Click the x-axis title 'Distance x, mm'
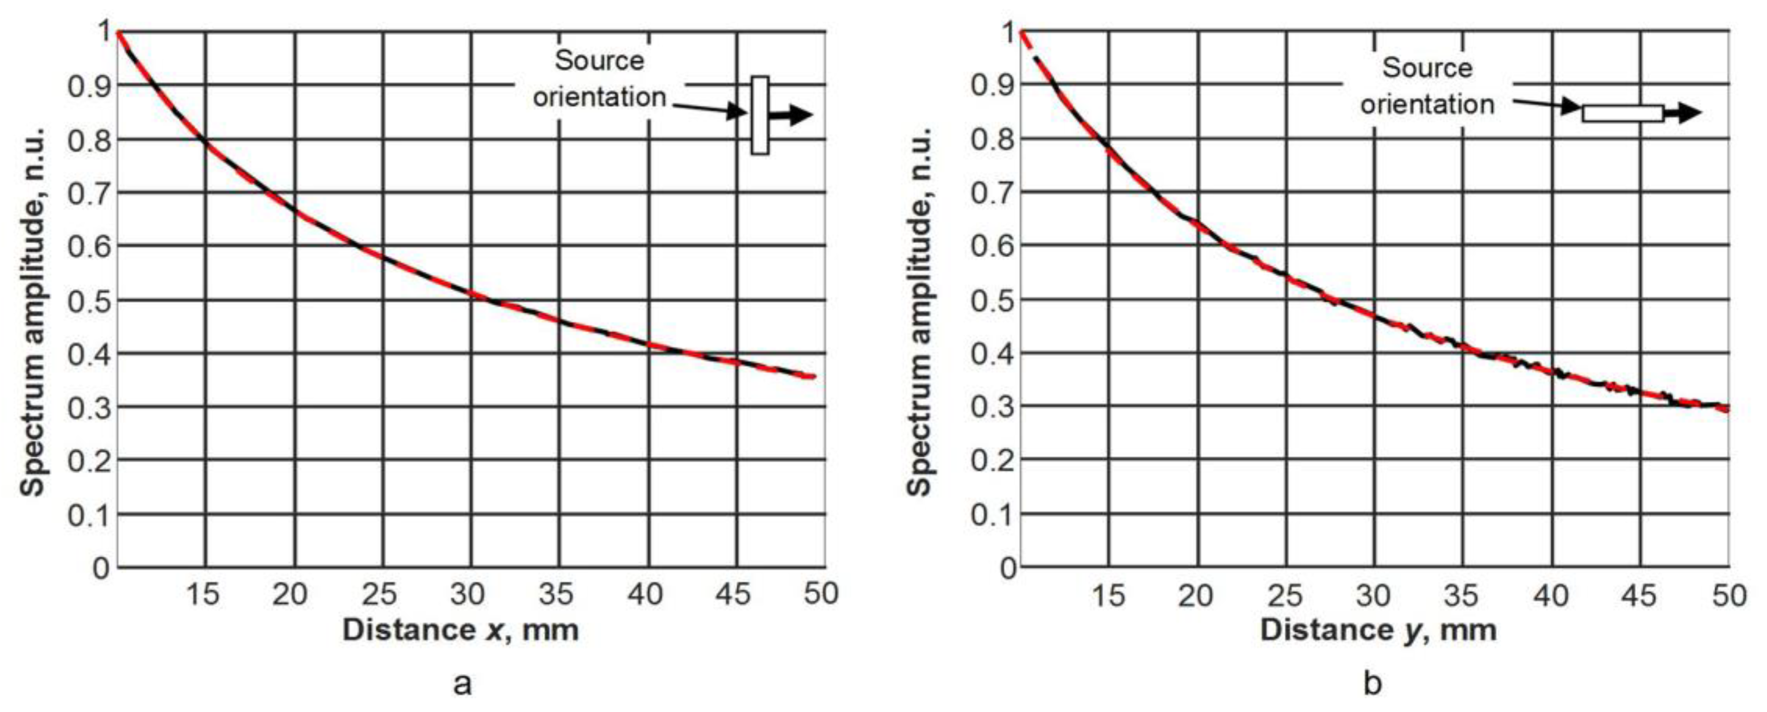pyautogui.click(x=460, y=630)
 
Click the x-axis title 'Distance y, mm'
pyautogui.click(x=1378, y=630)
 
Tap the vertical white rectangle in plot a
pyautogui.click(x=760, y=115)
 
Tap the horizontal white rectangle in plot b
pyautogui.click(x=1622, y=113)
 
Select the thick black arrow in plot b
pyautogui.click(x=1683, y=113)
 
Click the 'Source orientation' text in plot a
pyautogui.click(x=600, y=79)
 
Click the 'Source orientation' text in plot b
pyautogui.click(x=1428, y=86)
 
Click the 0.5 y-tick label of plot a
pyautogui.click(x=89, y=300)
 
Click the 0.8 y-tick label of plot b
pyautogui.click(x=992, y=139)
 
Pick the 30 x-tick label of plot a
pyautogui.click(x=468, y=594)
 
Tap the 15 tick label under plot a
pyautogui.click(x=203, y=594)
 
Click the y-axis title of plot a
pyautogui.click(x=32, y=312)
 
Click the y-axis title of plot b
pyautogui.click(x=919, y=312)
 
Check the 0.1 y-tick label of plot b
pyautogui.click(x=992, y=514)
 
